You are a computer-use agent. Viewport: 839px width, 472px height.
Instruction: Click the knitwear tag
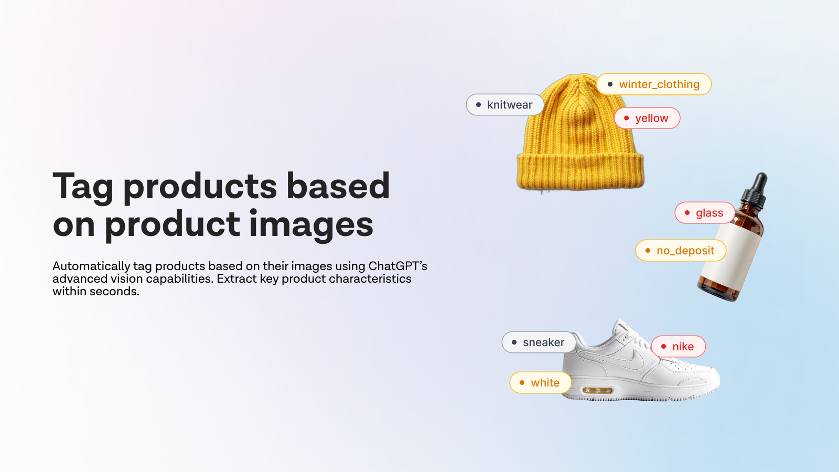pos(504,105)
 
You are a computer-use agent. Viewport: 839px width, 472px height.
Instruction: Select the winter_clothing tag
pos(653,84)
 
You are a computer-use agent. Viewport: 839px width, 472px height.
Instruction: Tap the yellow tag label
pos(647,119)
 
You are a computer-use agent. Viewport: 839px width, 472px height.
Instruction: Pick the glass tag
pos(704,213)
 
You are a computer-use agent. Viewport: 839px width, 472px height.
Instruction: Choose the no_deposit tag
pos(681,251)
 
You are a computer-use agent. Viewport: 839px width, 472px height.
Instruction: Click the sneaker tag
pos(539,342)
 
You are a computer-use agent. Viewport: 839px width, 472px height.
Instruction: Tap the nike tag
pos(678,347)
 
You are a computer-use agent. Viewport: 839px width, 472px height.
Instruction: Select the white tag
pos(540,383)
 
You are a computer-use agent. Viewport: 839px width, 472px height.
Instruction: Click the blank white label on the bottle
pos(731,257)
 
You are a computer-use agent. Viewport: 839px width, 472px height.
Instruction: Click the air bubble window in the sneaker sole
pos(597,391)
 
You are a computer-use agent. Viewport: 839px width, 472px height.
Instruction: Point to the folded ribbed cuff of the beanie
pos(580,171)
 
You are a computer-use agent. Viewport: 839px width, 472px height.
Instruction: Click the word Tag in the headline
pos(83,187)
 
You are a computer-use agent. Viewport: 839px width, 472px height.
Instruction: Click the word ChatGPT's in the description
pos(397,266)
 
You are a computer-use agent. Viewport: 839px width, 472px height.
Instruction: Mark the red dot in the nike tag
pos(664,347)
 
